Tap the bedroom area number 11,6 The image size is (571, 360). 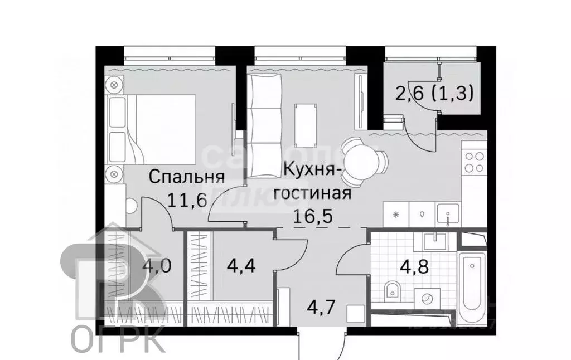186,199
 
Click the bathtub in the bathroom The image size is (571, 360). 472,284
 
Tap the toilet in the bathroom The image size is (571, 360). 393,290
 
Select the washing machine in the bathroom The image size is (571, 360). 427,299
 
